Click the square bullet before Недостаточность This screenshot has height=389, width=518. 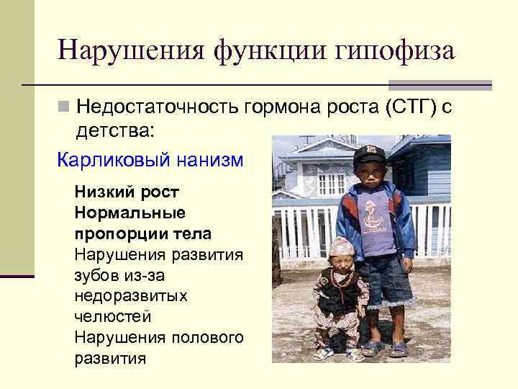pyautogui.click(x=64, y=107)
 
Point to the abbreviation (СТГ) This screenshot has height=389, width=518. pyautogui.click(x=410, y=107)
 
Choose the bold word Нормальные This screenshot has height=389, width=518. pyautogui.click(x=129, y=213)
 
